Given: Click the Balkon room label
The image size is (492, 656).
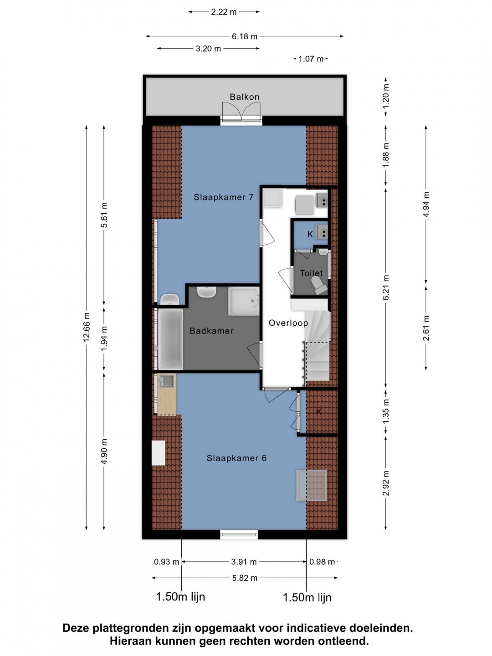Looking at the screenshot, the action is (x=244, y=97).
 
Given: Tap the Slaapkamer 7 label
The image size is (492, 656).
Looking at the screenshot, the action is (x=224, y=197).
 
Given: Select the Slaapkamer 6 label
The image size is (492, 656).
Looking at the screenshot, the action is (x=236, y=458).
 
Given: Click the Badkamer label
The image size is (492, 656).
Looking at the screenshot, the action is (x=211, y=331).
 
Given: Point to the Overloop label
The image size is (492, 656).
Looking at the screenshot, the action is (x=288, y=323).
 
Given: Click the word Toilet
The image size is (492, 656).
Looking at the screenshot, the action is (x=311, y=273).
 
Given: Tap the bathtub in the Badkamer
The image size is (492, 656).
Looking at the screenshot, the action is (x=170, y=339).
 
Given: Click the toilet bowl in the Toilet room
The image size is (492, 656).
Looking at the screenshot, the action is (x=319, y=286).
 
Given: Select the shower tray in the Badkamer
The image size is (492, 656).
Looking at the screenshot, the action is (x=243, y=302).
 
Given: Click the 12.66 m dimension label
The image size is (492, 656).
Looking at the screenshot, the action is (x=87, y=327).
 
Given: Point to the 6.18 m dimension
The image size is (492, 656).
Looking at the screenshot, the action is (x=244, y=36).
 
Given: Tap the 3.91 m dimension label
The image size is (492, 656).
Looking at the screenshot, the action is (x=244, y=562).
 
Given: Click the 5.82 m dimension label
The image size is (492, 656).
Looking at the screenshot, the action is (x=245, y=578).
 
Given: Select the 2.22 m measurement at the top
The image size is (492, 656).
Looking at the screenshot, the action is (x=224, y=12).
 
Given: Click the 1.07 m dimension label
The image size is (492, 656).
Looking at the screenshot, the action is (x=311, y=59).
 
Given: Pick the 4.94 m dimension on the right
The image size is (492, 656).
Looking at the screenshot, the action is (x=426, y=205).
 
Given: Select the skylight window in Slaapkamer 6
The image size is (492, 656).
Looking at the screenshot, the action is (x=311, y=485).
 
